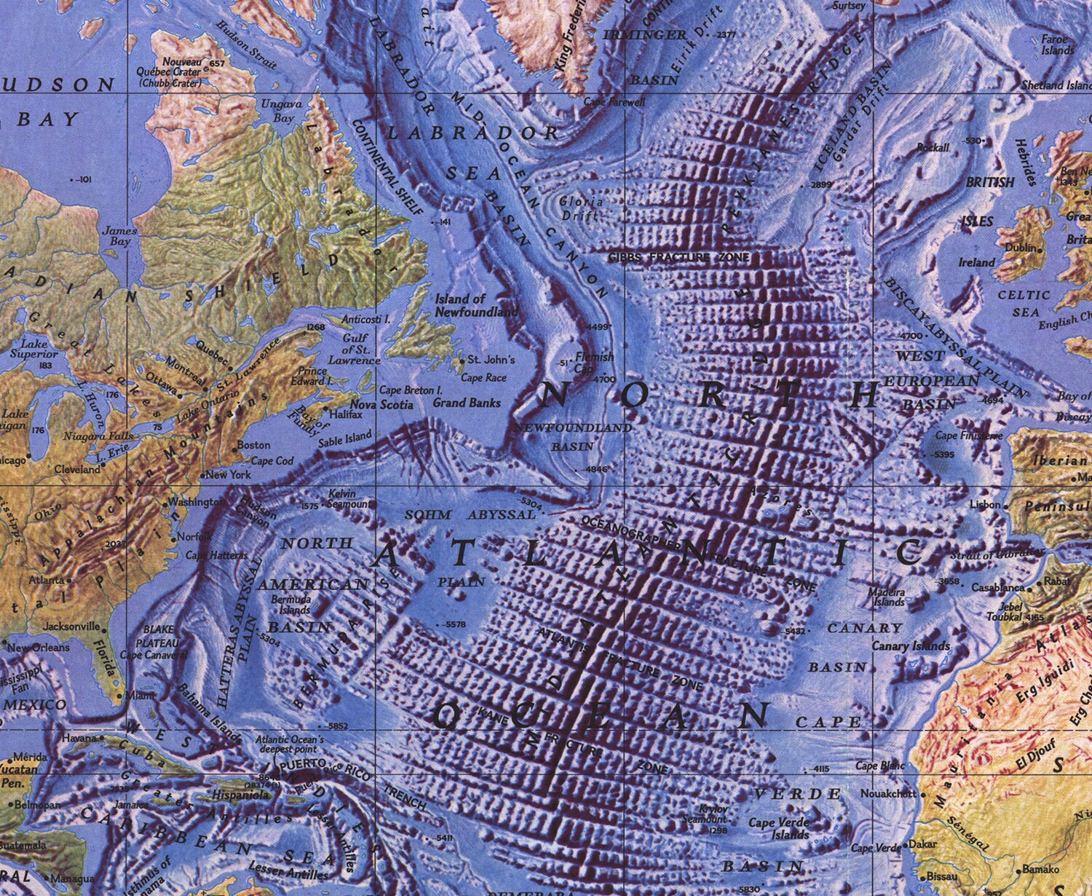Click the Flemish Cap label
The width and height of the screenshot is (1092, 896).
coord(594,363)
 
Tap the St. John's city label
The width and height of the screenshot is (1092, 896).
coord(491,360)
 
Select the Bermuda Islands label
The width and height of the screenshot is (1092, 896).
coord(296,605)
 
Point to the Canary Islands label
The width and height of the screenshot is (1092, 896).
coord(911,646)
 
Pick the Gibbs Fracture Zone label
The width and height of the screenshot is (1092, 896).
coord(678,257)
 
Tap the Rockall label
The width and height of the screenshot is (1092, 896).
coord(933,148)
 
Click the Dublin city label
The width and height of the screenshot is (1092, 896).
coord(1020,248)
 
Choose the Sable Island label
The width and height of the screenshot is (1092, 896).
coord(345,438)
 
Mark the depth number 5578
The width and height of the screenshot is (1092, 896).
coord(454,625)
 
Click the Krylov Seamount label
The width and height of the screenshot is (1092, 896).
coord(704,814)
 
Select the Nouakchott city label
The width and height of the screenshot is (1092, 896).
coord(888,793)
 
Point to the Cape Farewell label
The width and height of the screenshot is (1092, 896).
coord(614,102)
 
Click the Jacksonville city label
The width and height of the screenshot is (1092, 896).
coord(71,626)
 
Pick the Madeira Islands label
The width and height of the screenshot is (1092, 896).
coord(886,597)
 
